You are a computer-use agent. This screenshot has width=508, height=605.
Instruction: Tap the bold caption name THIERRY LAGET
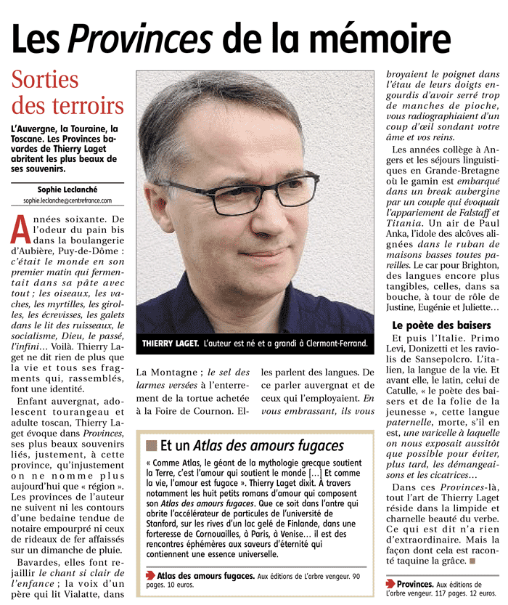click(170, 342)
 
